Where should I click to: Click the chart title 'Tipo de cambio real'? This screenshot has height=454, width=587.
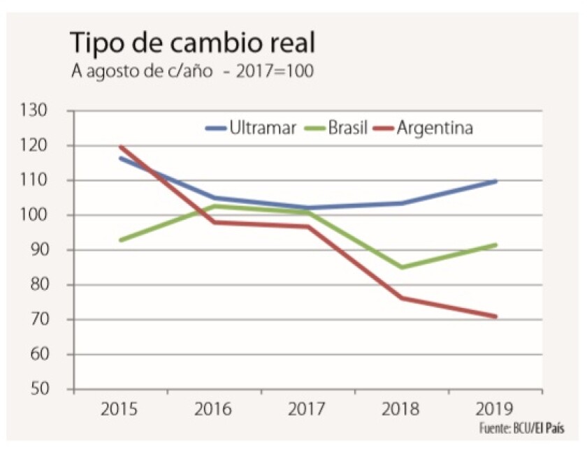(x=192, y=43)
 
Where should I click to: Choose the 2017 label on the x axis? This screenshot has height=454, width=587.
(x=308, y=409)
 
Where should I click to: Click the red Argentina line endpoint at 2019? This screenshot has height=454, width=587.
(x=495, y=316)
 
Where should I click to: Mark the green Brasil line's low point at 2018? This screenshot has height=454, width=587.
(x=402, y=268)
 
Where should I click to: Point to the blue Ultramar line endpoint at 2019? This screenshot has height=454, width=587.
(x=495, y=181)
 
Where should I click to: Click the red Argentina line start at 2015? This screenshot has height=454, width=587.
(x=121, y=147)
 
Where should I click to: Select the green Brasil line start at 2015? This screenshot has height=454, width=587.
(x=121, y=240)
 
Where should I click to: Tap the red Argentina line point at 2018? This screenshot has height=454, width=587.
(x=402, y=298)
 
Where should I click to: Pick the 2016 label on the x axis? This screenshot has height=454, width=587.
(x=215, y=409)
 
